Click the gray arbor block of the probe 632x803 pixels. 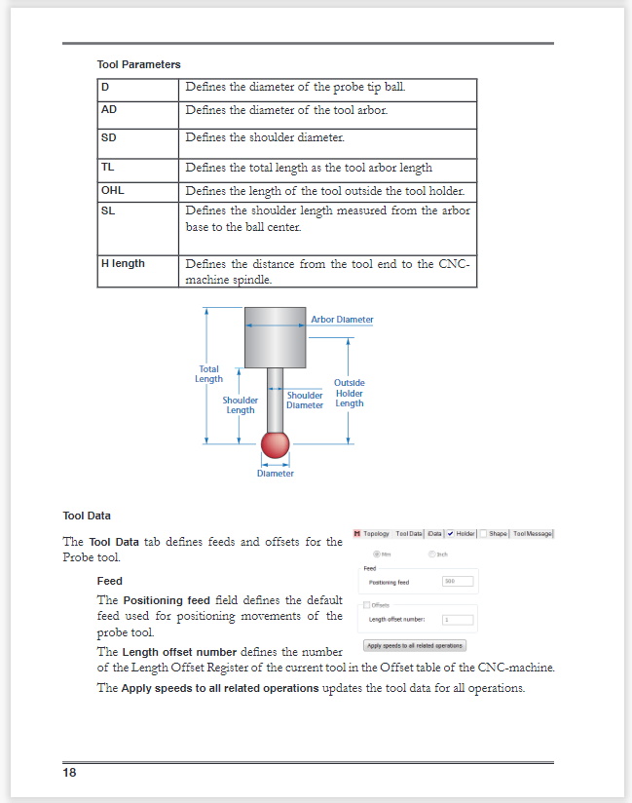click(276, 337)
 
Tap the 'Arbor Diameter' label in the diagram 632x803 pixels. click(342, 320)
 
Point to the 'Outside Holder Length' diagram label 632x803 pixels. click(349, 394)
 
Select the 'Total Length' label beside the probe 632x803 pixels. click(209, 374)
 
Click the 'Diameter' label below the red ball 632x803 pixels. click(276, 474)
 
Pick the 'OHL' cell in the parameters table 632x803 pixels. click(113, 191)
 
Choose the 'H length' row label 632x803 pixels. click(123, 264)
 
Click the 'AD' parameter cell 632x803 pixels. click(109, 110)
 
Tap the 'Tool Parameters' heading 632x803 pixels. click(138, 64)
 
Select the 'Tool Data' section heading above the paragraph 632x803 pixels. click(87, 516)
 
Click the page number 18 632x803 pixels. click(69, 773)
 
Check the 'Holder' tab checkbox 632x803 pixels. click(451, 533)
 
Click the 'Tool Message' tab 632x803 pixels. click(533, 533)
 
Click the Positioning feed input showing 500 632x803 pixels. click(457, 582)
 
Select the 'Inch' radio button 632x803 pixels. click(432, 554)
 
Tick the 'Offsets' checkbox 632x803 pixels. click(366, 604)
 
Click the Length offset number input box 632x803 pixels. click(457, 619)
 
